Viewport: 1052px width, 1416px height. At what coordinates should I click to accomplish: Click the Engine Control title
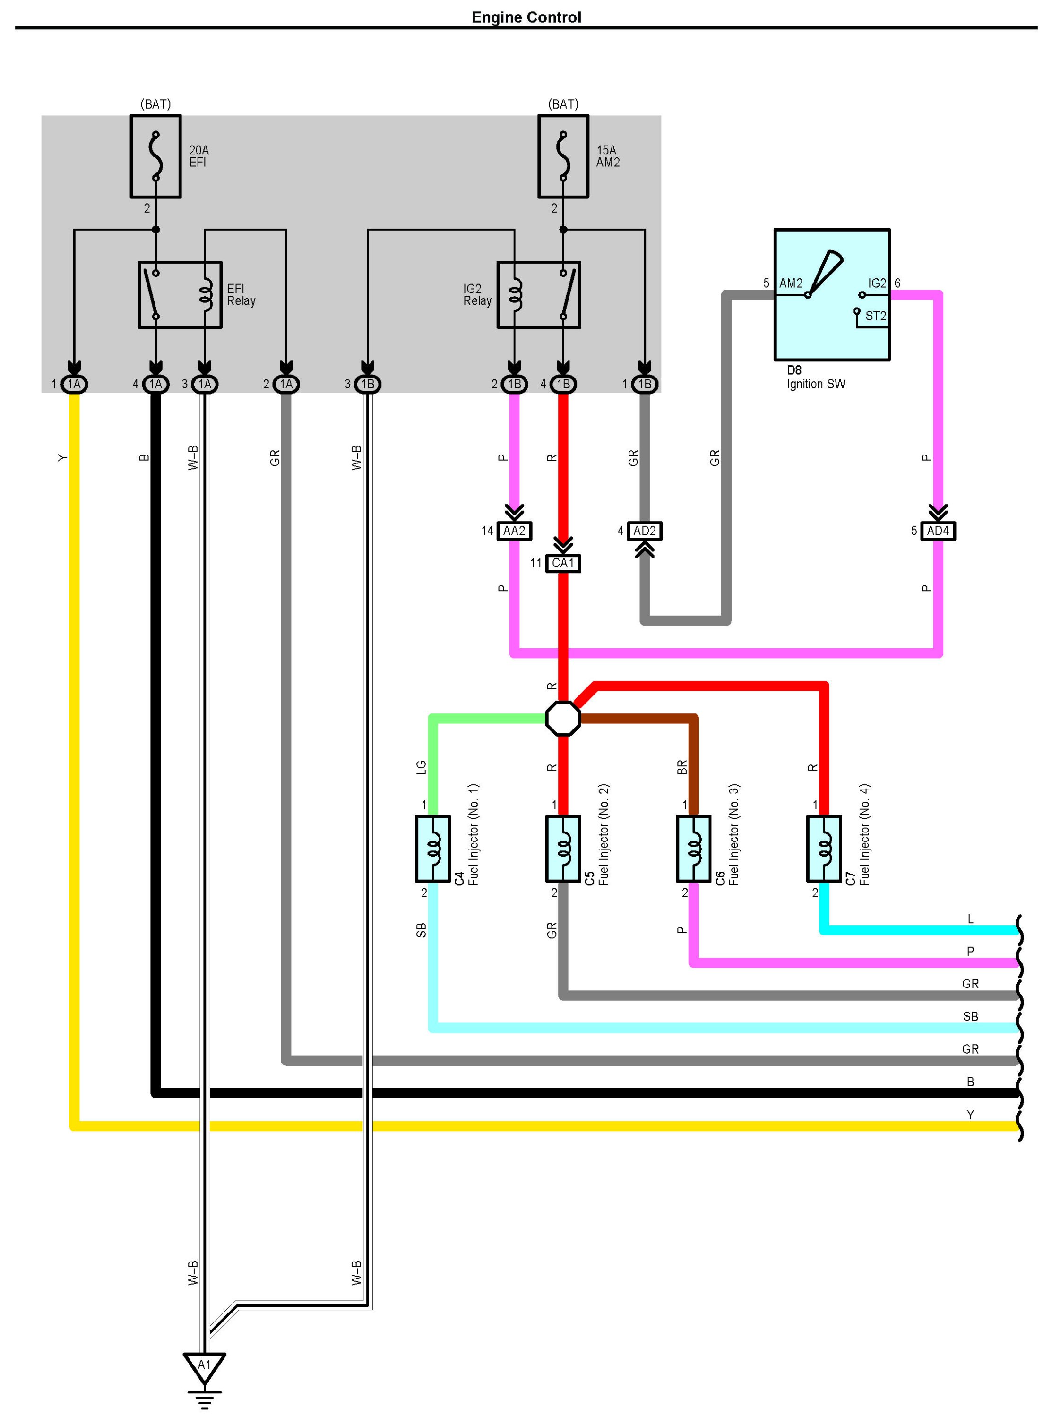pos(526,17)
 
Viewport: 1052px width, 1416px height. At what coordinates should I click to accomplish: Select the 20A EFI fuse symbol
pos(156,156)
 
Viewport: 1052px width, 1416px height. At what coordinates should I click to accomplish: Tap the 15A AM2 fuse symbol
pos(563,156)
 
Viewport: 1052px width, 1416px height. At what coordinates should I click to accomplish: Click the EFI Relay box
pos(180,295)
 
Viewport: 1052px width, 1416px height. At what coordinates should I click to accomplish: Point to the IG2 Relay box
pos(539,295)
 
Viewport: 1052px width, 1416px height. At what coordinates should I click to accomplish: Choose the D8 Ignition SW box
pos(832,295)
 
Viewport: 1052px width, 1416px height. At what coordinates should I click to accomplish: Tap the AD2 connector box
pos(645,531)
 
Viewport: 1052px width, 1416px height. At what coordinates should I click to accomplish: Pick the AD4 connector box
pos(938,531)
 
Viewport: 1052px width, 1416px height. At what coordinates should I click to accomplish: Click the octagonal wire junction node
pos(563,719)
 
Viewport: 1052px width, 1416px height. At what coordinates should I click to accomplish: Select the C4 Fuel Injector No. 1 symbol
pos(433,849)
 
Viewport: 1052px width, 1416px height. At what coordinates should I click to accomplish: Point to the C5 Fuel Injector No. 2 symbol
pos(563,849)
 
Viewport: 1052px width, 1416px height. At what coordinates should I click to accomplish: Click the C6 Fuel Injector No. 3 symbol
pos(693,849)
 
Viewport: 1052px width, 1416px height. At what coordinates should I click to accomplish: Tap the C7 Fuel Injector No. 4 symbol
pos(824,849)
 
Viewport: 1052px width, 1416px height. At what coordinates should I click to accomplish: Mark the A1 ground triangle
pos(205,1368)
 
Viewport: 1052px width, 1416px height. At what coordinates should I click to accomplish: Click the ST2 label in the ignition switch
pos(876,316)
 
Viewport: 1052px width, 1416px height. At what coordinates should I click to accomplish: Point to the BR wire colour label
pos(682,767)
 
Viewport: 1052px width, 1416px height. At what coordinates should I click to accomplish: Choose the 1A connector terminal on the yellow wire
pos(75,384)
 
